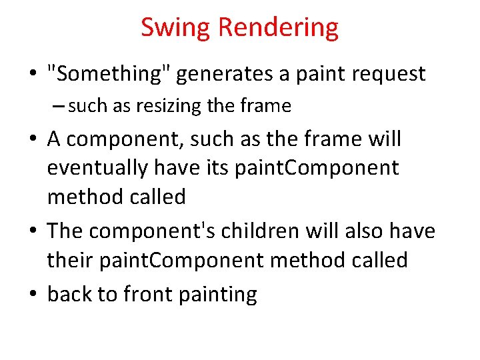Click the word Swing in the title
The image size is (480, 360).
[176, 28]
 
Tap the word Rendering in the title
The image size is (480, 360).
[278, 28]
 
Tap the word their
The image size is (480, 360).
[71, 260]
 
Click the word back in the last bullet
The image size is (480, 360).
[70, 294]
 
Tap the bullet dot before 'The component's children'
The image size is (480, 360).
[33, 232]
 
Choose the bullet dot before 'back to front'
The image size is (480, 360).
[33, 295]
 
